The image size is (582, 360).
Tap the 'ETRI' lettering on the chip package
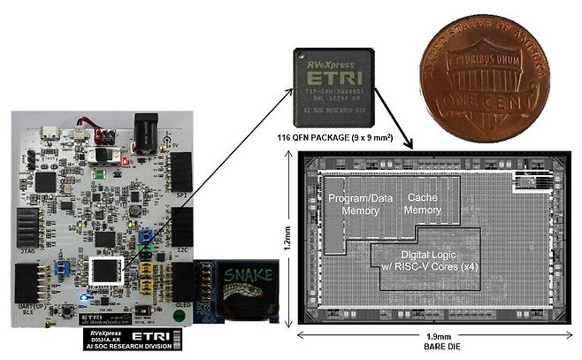[x=331, y=76]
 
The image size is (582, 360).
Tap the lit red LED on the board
[x=126, y=163]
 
